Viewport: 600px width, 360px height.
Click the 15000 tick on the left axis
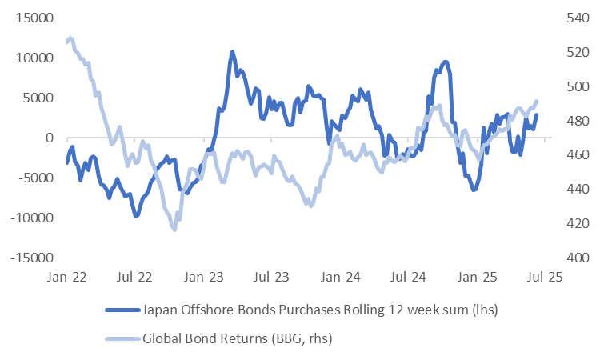[x=32, y=18]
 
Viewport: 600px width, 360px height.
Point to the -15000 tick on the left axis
[x=30, y=258]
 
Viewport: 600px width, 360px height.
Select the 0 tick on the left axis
[x=48, y=138]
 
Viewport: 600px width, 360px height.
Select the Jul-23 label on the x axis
[x=271, y=277]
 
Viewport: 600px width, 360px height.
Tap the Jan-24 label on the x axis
[x=340, y=277]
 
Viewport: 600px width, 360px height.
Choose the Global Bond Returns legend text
[x=237, y=338]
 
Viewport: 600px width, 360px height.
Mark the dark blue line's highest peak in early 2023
[x=232, y=52]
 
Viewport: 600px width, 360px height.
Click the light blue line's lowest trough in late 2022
[x=174, y=230]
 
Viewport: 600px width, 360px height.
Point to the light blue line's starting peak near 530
[x=70, y=38]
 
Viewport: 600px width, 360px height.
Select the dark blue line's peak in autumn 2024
[x=445, y=62]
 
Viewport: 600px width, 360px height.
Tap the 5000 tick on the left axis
[x=38, y=98]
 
